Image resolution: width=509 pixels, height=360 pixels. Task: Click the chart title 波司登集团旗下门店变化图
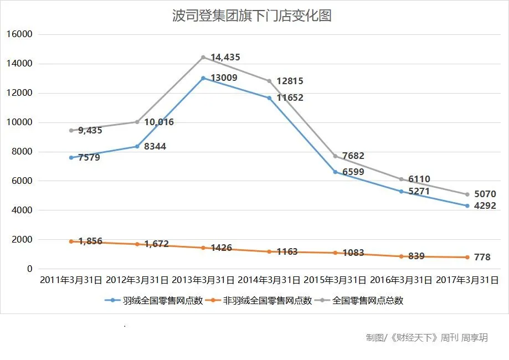[252, 16]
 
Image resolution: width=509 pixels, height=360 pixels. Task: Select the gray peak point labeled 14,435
[203, 57]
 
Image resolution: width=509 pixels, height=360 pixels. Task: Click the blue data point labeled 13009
[203, 78]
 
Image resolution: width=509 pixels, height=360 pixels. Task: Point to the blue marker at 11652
[270, 98]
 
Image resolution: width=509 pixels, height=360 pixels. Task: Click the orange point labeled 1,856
[71, 241]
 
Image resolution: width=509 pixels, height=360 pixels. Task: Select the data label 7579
[89, 158]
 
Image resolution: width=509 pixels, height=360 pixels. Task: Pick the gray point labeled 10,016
[137, 122]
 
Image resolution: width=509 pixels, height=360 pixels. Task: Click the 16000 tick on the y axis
[20, 34]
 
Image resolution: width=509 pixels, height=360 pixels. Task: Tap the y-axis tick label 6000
[22, 181]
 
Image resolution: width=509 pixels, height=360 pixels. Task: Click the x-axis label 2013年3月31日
[203, 280]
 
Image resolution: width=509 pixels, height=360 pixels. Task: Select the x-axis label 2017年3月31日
[467, 280]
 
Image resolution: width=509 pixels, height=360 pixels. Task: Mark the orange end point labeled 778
[467, 257]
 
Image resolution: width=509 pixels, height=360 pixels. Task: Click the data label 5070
[485, 194]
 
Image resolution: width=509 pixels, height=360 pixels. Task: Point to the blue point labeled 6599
[335, 172]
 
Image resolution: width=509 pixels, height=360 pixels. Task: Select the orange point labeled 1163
[270, 251]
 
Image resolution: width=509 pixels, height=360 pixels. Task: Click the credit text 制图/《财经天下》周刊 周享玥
[426, 337]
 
